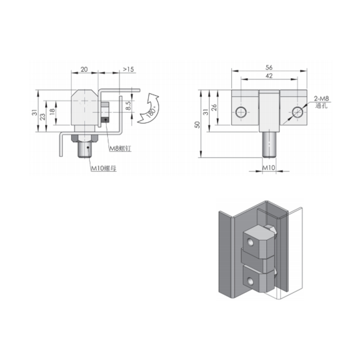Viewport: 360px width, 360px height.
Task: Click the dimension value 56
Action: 269,67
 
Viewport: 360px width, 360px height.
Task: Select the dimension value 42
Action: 269,76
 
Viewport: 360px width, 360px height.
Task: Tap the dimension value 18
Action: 52,112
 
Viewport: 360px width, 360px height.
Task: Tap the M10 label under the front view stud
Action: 268,167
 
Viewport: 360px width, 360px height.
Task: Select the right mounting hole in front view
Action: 298,112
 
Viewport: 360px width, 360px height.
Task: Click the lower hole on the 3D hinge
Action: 249,280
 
